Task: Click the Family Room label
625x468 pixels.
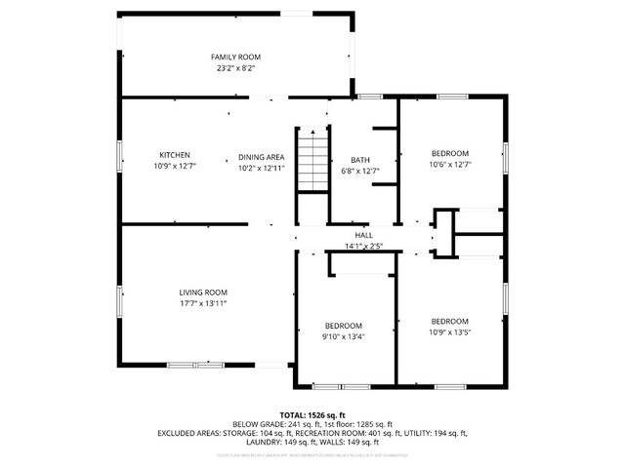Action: (236, 58)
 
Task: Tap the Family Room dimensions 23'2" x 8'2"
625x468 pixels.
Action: (236, 69)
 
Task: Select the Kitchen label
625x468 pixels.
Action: (175, 155)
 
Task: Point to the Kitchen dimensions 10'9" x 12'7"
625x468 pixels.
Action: (175, 167)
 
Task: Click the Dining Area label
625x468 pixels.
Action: (261, 156)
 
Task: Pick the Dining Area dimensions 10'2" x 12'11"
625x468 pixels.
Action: (261, 167)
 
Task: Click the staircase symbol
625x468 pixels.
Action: (312, 161)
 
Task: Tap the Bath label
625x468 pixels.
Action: (360, 160)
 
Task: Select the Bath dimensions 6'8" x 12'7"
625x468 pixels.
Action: (360, 172)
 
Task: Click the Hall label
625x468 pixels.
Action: (363, 235)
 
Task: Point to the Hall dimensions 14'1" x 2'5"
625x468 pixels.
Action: (363, 246)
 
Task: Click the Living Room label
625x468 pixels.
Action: (203, 292)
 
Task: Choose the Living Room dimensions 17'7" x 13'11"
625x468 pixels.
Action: (203, 303)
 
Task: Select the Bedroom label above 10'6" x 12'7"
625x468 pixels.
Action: (450, 153)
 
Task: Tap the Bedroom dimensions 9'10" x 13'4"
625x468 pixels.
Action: (344, 336)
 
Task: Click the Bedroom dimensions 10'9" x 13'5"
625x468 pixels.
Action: (450, 331)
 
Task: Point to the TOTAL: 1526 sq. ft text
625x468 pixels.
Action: (312, 415)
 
